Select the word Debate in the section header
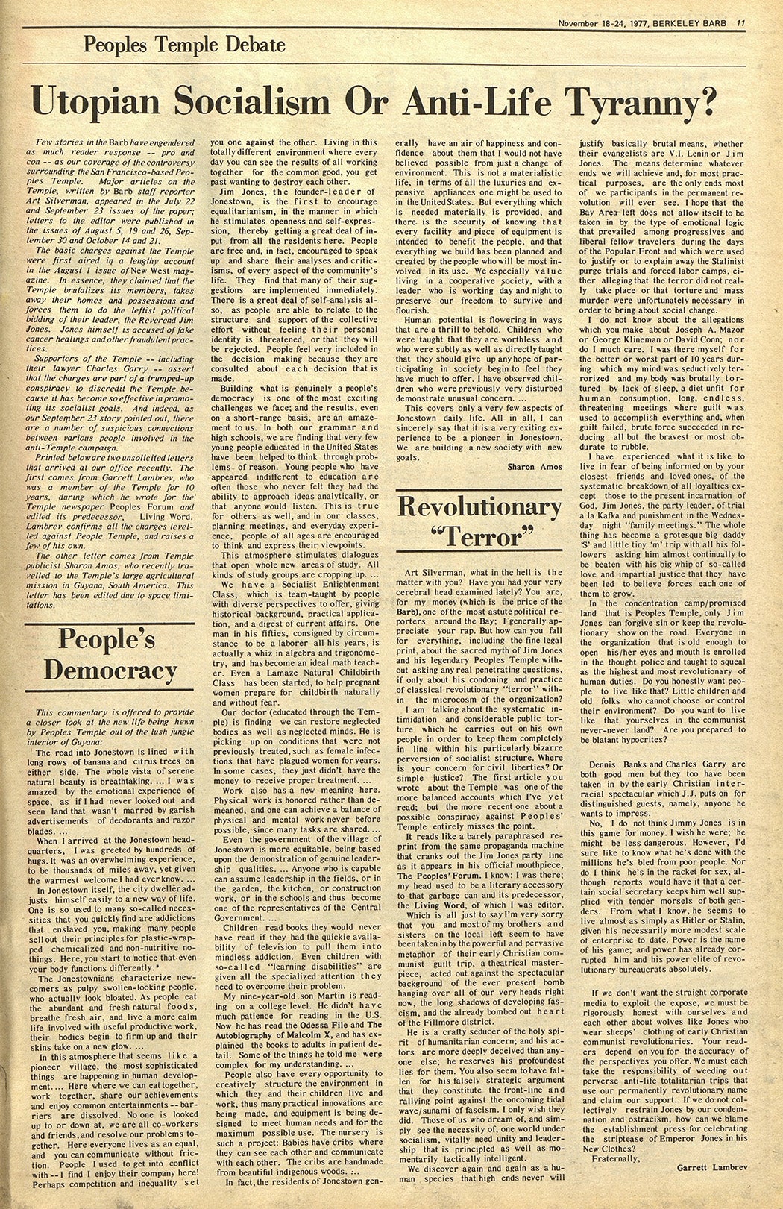tap(252, 45)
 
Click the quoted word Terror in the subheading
tap(479, 536)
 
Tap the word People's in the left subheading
tap(107, 639)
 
